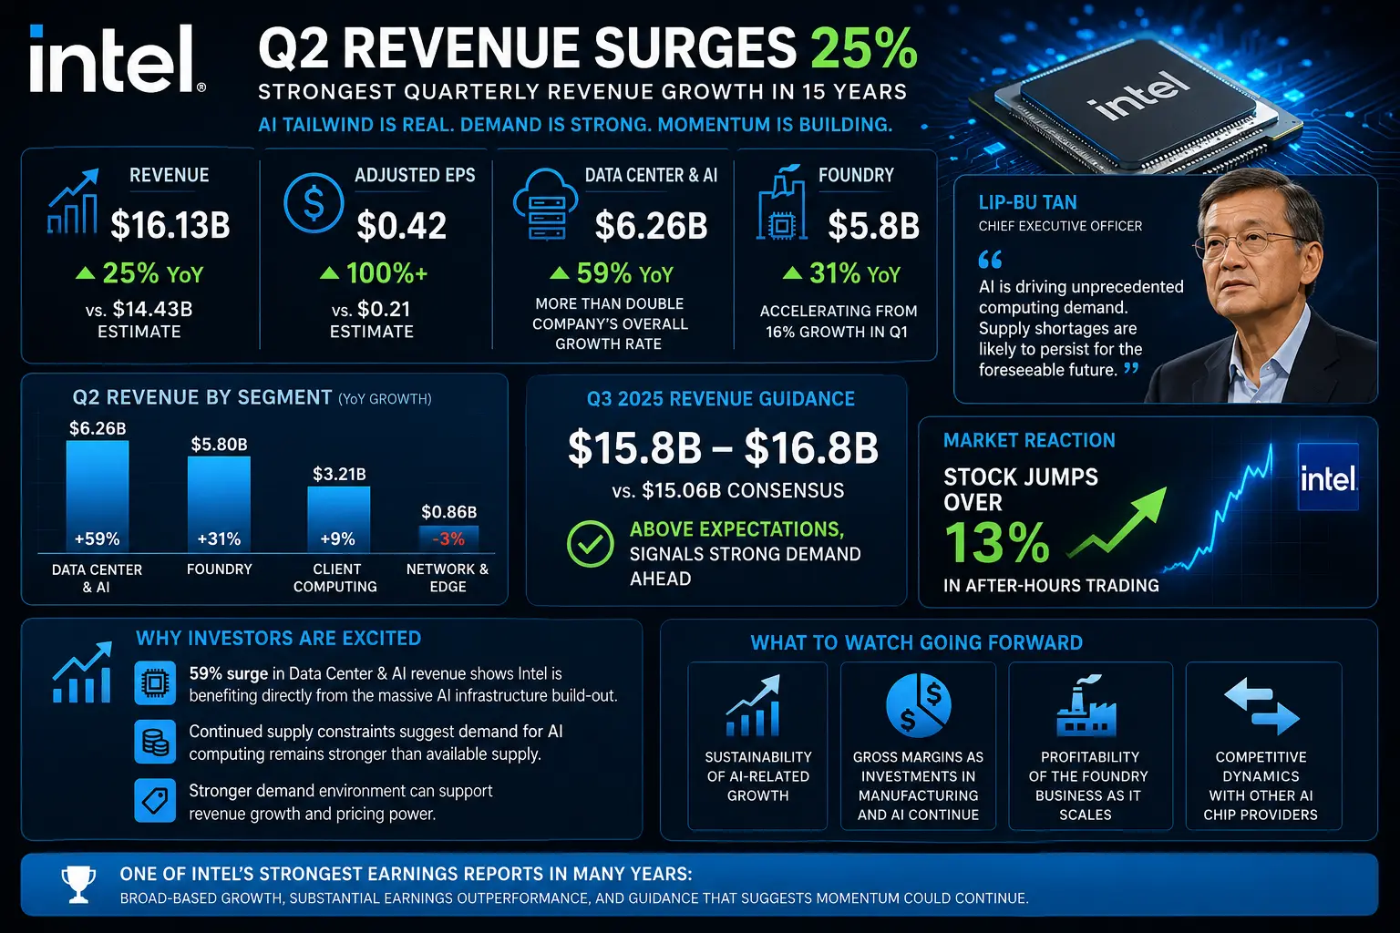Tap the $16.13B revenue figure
coord(170,226)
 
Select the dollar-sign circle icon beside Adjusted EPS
coord(314,204)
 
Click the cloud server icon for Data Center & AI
coord(545,205)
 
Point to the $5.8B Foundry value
coord(874,226)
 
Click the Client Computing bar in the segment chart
coord(339,520)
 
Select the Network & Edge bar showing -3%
coord(448,539)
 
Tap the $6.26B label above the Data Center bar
coord(98,428)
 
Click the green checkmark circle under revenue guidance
coord(590,544)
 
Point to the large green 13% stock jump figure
coord(996,543)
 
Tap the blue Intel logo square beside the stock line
coord(1328,477)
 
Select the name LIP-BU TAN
coord(1027,202)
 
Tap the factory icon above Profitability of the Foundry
coord(1086,705)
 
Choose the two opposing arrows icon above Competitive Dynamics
coord(1261,706)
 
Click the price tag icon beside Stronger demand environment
coord(155,801)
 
